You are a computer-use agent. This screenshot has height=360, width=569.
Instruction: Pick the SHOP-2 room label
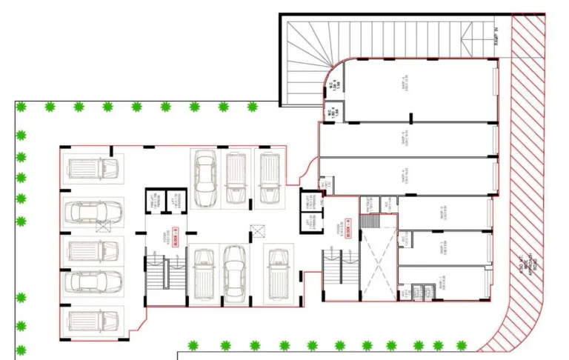click(443, 247)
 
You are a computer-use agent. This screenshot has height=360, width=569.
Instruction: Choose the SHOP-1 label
click(443, 284)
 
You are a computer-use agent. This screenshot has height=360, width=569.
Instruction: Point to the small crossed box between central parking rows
click(257, 230)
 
